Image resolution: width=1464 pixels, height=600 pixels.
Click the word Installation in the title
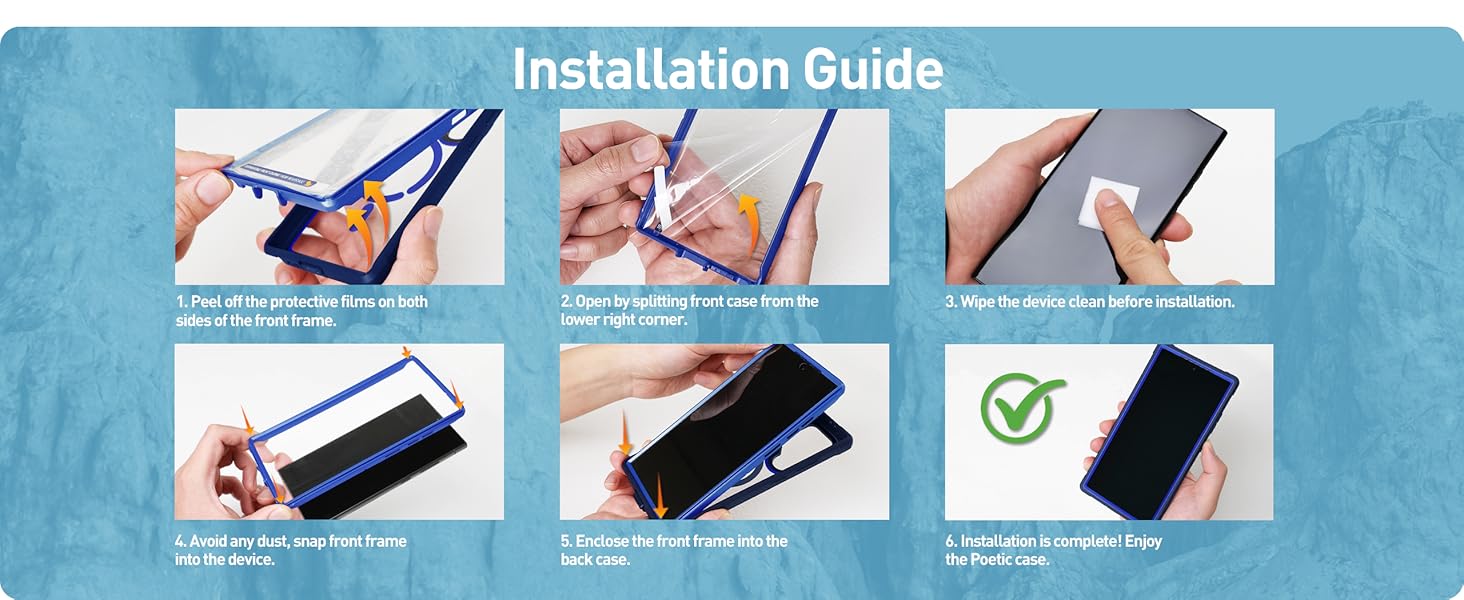coord(650,69)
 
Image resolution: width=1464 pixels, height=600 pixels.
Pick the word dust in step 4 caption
coord(274,541)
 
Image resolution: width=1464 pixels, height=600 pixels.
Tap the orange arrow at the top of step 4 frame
coord(407,352)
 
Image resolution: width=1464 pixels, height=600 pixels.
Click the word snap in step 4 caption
coord(309,542)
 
